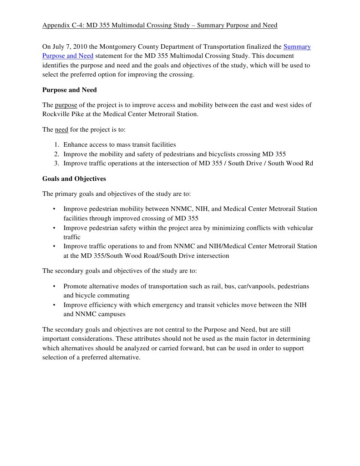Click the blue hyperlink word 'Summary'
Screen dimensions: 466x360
297,46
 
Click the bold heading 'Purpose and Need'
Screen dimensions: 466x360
69,90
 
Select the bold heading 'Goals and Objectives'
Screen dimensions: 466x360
74,179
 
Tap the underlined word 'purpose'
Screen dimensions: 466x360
66,105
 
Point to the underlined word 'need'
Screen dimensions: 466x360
61,129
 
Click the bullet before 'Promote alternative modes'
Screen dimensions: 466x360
54,286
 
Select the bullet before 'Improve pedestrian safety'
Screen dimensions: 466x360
54,228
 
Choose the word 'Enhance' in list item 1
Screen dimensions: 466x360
75,144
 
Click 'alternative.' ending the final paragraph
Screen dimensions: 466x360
124,358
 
